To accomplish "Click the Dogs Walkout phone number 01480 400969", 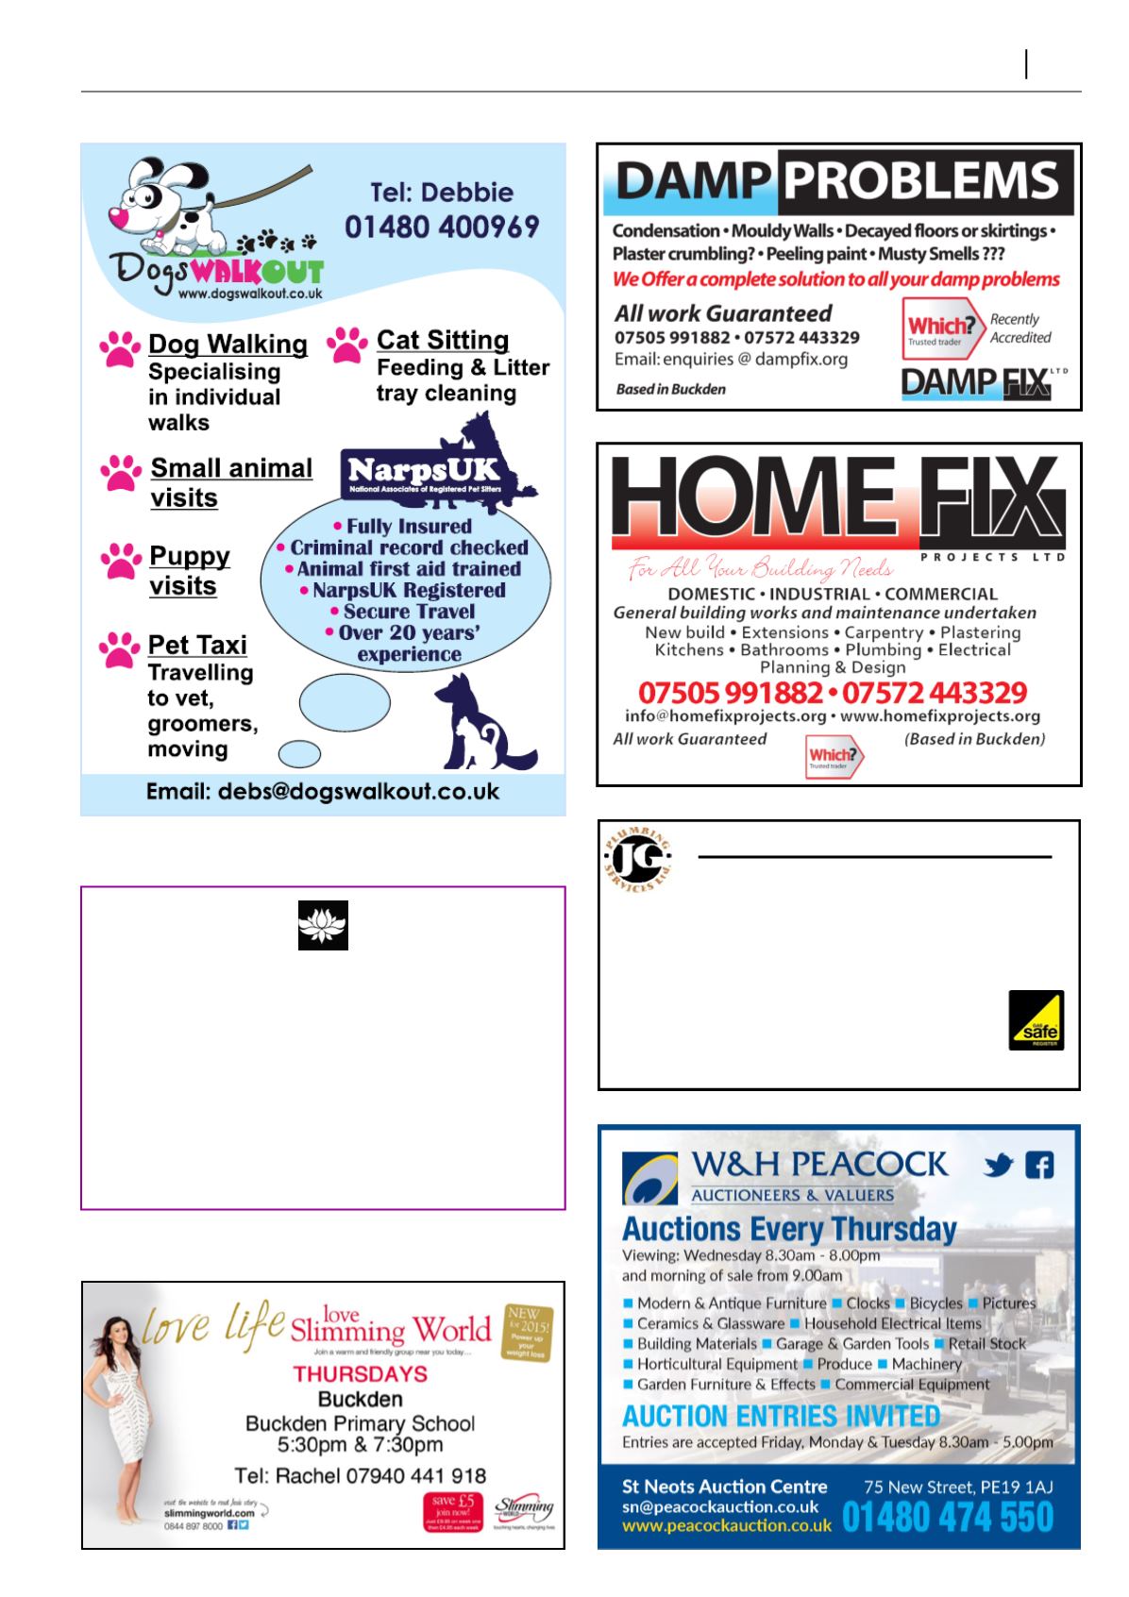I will coord(441,227).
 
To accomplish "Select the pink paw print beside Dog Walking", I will coord(120,348).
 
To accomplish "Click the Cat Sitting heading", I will coord(442,340).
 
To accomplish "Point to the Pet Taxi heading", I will coord(197,645).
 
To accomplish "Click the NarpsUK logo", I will coord(422,470).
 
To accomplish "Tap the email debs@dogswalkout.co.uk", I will coord(322,791).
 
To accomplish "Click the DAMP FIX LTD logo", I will coord(982,382).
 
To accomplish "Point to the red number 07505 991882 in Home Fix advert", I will coord(731,693).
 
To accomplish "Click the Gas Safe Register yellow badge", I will coord(1036,1019).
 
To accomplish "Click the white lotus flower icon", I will coord(323,925).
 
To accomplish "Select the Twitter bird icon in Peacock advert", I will coord(999,1167).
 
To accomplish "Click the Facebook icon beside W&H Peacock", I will coord(1038,1166).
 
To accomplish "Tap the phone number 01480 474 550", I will coord(947,1517).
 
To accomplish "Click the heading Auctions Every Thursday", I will coord(789,1229).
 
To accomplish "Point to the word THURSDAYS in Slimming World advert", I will coord(360,1373).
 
